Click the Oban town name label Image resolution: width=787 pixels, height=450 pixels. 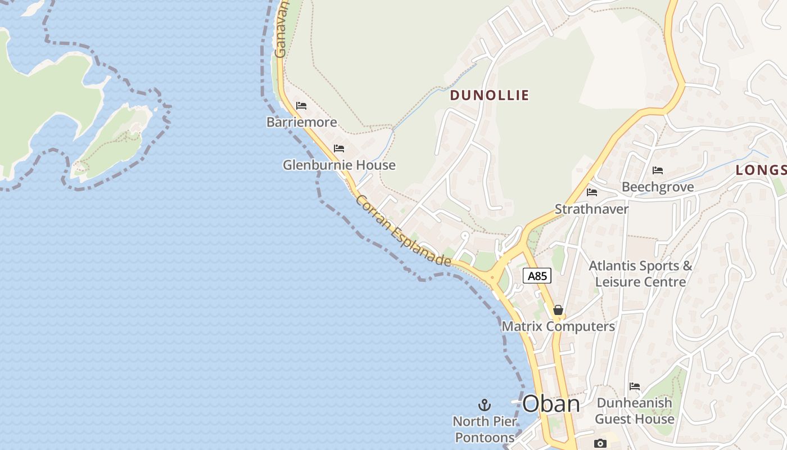551,404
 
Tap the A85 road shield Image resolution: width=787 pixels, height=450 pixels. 537,276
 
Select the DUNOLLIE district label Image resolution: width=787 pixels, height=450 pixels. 489,95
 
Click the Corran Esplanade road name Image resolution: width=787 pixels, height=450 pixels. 403,231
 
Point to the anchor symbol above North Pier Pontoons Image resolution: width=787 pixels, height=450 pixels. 484,404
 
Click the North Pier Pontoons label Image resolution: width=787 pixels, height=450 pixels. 484,429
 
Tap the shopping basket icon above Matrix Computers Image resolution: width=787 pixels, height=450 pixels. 558,310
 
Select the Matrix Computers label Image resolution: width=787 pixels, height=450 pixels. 558,326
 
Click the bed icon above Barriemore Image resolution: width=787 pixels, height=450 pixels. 301,105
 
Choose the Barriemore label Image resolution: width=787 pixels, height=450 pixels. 302,122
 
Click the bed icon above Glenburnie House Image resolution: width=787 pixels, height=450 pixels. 339,148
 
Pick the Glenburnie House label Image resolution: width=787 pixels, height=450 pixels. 339,165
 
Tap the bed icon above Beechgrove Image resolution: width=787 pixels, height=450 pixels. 658,170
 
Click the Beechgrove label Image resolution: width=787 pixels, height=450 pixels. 658,187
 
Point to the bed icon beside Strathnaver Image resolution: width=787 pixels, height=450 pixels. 592,192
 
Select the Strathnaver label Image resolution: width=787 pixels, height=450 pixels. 591,209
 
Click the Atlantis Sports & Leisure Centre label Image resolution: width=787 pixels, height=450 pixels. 640,273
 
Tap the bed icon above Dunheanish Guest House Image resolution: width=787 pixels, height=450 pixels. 635,386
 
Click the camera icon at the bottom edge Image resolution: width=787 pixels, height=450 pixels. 600,443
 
